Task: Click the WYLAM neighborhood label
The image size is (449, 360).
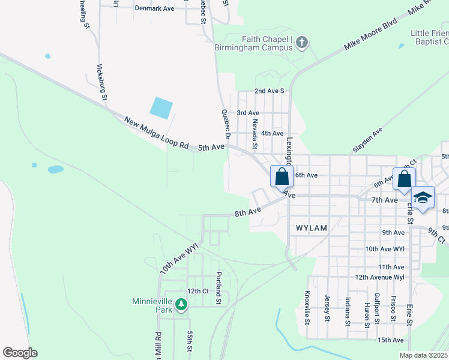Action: (x=311, y=228)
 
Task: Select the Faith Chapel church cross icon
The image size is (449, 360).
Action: (x=302, y=43)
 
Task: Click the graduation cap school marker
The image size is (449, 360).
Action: (x=423, y=198)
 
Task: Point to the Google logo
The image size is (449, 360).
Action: (x=20, y=353)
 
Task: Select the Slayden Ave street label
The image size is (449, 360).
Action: (x=368, y=139)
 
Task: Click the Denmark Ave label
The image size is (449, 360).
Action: (x=154, y=8)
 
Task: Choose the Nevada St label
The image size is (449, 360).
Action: (x=255, y=133)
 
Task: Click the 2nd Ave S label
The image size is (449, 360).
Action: (x=269, y=91)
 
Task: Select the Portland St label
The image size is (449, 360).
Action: (x=219, y=287)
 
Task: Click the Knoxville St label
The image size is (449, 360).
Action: (x=307, y=307)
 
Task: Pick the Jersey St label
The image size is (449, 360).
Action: (x=327, y=307)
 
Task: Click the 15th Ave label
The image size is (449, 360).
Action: (x=390, y=340)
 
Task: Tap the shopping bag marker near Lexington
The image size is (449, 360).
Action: (x=281, y=177)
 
